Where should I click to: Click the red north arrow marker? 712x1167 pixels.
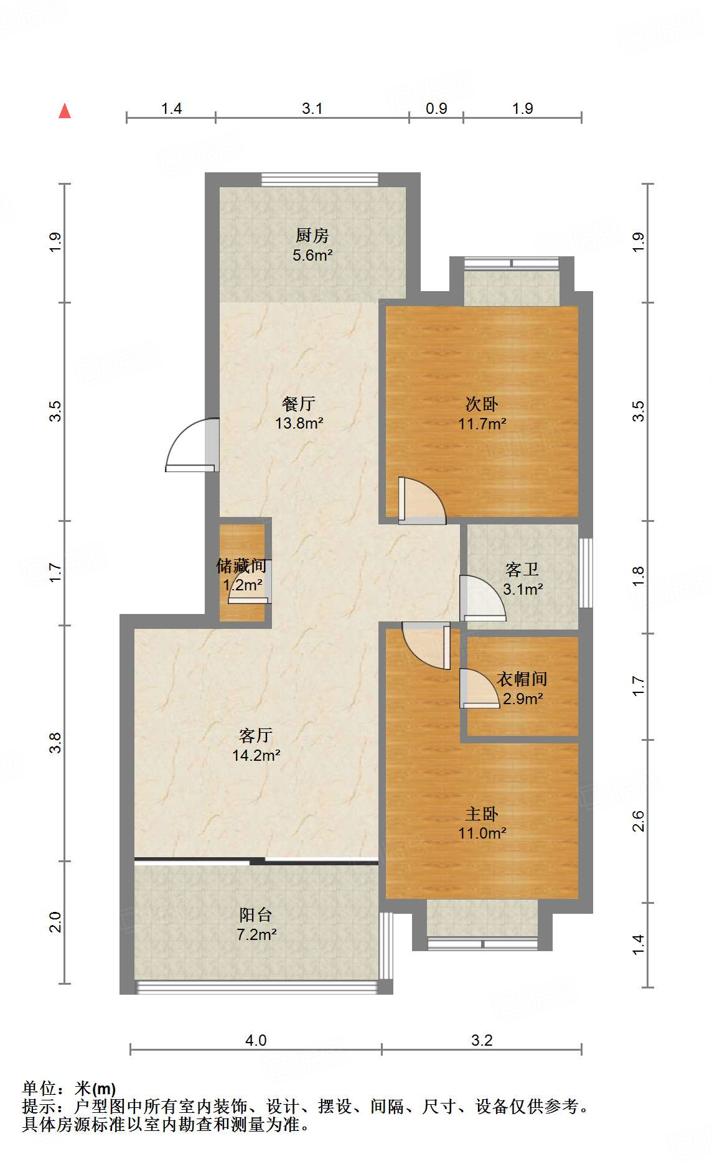coord(65,111)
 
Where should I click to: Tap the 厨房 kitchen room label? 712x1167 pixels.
coord(312,235)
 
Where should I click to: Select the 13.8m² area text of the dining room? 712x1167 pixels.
coord(299,424)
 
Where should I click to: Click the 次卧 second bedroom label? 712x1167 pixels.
coord(482,404)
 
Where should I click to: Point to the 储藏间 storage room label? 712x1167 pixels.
coord(241,565)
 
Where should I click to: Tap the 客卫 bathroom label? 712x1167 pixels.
coord(522,569)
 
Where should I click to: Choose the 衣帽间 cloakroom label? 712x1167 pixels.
coord(522,679)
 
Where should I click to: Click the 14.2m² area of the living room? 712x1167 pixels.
coord(256,756)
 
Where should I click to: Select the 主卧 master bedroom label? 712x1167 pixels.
coord(482,814)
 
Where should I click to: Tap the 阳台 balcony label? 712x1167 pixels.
coord(256,914)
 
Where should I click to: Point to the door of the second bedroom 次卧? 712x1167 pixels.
coord(422,500)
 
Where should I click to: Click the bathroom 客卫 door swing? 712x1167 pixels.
coord(482,598)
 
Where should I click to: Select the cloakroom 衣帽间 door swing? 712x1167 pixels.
coord(480,688)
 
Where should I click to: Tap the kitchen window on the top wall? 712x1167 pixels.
coord(319,179)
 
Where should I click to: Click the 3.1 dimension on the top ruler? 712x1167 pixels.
coord(312,108)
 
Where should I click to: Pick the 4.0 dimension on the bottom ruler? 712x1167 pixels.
coord(256,1040)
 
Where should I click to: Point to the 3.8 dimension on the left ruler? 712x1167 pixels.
coord(56,743)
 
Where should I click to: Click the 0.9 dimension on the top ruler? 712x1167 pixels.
coord(436,108)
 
